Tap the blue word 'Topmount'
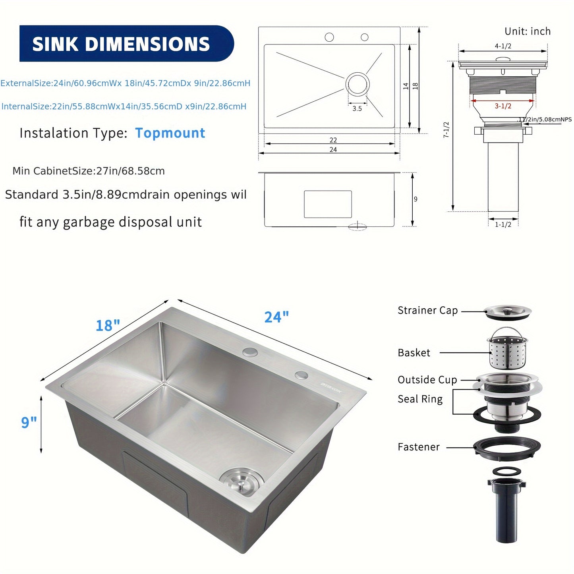coord(170,133)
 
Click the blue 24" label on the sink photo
coord(276,317)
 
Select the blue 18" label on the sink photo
coord(108,325)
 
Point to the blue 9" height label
coord(29,422)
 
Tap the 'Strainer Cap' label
coord(427,310)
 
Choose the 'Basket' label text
coord(414,353)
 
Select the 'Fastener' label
coord(419,447)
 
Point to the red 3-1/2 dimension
coord(503,106)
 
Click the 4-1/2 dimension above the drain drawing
coord(503,46)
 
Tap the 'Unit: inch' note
coord(528,31)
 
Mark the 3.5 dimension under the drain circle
coord(357,108)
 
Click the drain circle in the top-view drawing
coord(358,84)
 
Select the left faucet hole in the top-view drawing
coord(329,37)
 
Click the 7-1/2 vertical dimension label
coord(446,130)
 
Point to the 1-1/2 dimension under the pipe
coord(503,224)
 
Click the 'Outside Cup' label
coord(427,380)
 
